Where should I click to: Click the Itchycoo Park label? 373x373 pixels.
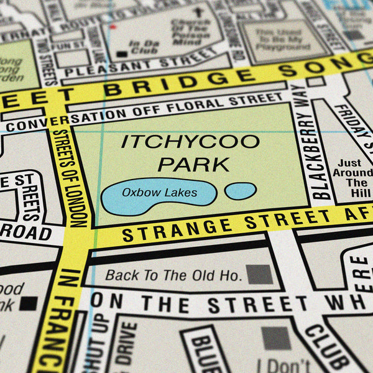pyautogui.click(x=190, y=152)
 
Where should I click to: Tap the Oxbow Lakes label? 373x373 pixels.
pyautogui.click(x=159, y=193)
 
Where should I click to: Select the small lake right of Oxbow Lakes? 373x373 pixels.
pyautogui.click(x=241, y=191)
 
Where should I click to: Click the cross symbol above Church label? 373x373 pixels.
pyautogui.click(x=198, y=12)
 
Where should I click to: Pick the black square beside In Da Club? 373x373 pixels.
pyautogui.click(x=122, y=54)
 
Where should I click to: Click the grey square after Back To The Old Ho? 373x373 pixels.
pyautogui.click(x=260, y=274)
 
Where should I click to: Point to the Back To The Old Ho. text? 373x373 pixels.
pyautogui.click(x=173, y=275)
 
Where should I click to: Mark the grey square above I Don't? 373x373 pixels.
pyautogui.click(x=276, y=338)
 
